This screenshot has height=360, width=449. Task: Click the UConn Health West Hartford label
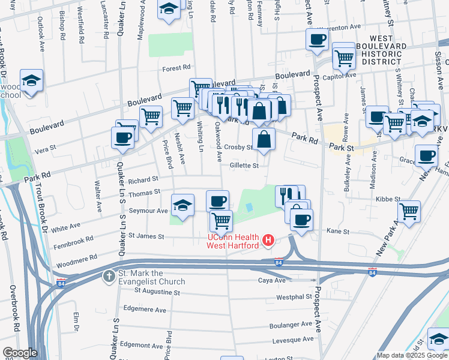coord(233,241)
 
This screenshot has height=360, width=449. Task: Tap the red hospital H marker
coord(269,241)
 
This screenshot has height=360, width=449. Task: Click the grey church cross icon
coord(109,277)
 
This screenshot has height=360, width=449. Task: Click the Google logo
coord(20,352)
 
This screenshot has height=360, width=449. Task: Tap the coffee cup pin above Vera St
coord(122,137)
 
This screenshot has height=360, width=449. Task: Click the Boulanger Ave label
coord(292,325)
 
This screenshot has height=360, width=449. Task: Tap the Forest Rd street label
coord(176,68)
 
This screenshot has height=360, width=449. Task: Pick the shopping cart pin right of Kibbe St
coord(409,210)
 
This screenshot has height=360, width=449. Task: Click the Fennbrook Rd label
coord(73,239)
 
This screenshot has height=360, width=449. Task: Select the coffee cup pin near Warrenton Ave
coord(317,40)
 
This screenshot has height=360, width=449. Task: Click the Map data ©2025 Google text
coord(412,355)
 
